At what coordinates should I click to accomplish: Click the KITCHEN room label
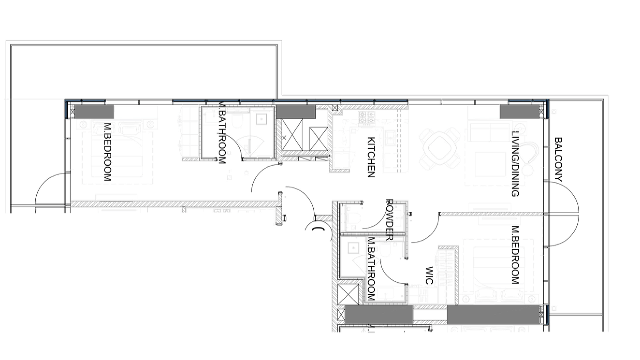371,157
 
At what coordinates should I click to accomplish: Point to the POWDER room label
390,220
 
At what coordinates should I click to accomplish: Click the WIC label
429,275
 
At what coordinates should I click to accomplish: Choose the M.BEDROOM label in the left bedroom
108,152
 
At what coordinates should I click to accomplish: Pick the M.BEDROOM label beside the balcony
515,255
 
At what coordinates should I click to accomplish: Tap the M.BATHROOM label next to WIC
371,269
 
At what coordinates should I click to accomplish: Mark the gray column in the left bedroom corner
94,112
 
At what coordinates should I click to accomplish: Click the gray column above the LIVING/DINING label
520,112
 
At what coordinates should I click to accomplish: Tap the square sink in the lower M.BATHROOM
353,248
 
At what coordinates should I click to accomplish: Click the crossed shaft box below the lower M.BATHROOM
349,294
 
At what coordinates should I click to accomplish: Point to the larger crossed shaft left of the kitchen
292,134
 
